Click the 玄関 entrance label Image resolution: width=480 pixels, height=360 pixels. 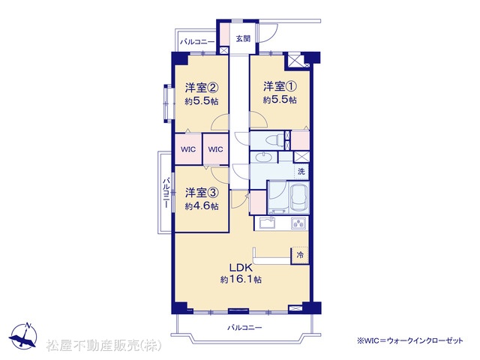243,38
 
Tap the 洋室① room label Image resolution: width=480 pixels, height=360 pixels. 280,87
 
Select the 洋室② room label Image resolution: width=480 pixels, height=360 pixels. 202,88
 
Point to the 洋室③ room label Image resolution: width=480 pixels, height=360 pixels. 202,193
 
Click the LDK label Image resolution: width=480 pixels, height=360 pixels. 241,268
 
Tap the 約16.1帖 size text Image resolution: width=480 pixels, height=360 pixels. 241,280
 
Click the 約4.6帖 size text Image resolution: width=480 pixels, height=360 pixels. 202,206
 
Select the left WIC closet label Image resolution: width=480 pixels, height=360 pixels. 188,149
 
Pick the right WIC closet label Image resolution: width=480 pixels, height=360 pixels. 215,149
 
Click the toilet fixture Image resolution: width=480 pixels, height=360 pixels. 274,140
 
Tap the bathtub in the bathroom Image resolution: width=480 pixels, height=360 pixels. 299,198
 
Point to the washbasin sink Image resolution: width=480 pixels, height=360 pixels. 263,157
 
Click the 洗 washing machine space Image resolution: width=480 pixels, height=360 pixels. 301,172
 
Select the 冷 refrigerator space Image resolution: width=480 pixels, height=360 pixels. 300,255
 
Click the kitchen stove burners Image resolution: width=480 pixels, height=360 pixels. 298,223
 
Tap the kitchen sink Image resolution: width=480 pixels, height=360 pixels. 267,223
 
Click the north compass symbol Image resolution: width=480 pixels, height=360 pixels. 24,337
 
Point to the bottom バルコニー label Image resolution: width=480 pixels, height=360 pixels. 244,328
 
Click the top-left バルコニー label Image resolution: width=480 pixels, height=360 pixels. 197,42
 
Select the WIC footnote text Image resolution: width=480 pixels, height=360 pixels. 410,340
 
